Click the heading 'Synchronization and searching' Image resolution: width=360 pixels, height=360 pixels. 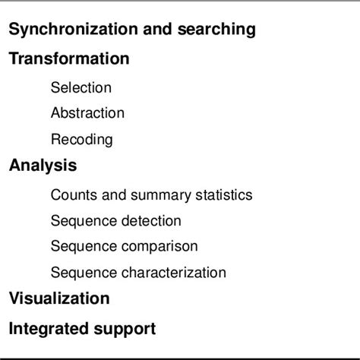132,30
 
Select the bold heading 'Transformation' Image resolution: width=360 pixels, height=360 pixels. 69,58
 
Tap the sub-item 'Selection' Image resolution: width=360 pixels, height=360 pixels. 81,87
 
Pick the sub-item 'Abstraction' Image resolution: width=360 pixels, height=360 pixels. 87,113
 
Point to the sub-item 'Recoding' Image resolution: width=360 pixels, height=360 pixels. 82,140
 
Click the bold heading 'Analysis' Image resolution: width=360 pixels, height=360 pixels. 43,165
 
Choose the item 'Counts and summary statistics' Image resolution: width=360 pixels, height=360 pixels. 151,194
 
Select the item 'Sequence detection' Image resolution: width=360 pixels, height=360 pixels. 116,221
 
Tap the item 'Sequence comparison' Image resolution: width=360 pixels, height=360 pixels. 125,247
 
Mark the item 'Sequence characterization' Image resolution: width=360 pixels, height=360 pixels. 138,273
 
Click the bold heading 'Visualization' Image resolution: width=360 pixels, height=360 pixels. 59,298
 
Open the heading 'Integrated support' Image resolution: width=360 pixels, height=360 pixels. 82,329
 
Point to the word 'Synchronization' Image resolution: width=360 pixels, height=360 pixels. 74,30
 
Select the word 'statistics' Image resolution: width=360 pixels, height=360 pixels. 224,194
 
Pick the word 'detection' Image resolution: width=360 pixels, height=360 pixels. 151,221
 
